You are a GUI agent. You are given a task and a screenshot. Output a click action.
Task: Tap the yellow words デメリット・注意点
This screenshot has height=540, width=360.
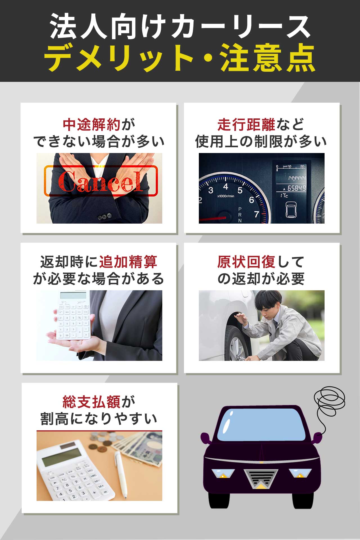pos(180,58)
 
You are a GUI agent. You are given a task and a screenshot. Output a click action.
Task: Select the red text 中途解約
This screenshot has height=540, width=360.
pos(92,125)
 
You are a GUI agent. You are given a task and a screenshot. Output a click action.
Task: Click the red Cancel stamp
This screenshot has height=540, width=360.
pos(101,181)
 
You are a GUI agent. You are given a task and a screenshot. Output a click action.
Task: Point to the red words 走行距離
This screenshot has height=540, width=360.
pos(246,125)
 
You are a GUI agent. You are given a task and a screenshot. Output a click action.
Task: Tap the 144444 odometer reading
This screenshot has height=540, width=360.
pos(297,178)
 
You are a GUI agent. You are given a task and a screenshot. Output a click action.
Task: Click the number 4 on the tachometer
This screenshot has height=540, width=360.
pos(226,186)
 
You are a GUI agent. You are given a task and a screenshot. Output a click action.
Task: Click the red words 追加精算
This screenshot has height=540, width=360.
pos(128,262)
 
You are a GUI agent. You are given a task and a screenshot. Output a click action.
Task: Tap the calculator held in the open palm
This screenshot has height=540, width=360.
pos(73,315)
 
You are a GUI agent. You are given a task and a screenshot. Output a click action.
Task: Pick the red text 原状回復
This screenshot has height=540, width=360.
pos(246,262)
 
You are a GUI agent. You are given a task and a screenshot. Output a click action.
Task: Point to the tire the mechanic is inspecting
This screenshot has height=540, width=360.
pos(233,343)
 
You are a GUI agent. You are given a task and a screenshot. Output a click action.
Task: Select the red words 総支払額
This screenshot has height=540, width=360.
pos(92,402)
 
